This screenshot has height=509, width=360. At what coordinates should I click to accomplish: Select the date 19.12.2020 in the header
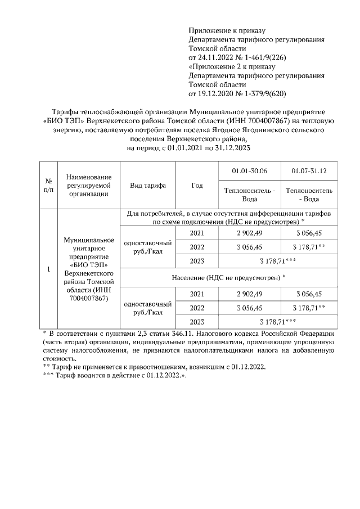point(209,93)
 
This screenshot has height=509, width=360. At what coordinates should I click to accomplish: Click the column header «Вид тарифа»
point(147,186)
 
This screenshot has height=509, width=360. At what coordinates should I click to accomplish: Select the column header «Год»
point(197,186)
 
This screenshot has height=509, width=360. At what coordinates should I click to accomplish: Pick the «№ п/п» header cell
point(48,186)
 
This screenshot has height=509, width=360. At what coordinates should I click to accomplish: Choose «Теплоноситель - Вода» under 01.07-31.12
point(309,195)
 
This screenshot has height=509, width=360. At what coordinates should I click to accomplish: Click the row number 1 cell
point(48,269)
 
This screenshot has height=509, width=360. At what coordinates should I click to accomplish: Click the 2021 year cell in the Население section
point(197,294)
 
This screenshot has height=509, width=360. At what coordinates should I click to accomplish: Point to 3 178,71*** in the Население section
point(280,322)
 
